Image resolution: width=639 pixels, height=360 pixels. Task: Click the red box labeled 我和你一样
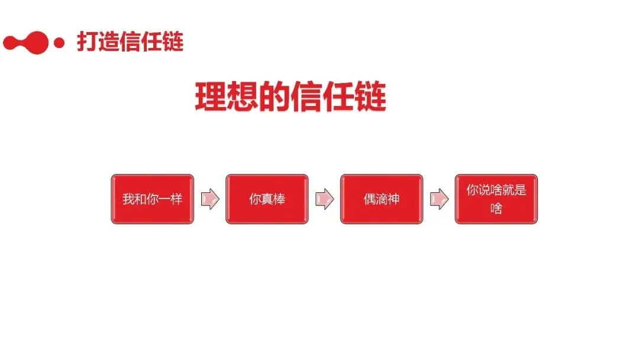click(x=152, y=199)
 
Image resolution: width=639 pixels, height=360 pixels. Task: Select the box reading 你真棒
click(x=267, y=199)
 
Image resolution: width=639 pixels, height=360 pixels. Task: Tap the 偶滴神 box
click(x=382, y=199)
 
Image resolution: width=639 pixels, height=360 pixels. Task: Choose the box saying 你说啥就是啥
click(x=496, y=199)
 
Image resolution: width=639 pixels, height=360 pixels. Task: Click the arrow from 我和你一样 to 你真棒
click(x=209, y=200)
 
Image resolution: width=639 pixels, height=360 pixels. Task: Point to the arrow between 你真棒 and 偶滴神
click(x=324, y=200)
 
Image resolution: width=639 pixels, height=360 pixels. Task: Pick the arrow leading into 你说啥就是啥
click(x=439, y=200)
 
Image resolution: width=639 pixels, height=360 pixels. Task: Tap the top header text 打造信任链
click(x=130, y=41)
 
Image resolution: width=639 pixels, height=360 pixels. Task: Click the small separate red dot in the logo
click(x=59, y=43)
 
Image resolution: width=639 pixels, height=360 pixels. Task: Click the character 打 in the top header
click(x=87, y=41)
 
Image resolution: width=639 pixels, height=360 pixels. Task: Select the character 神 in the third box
click(x=393, y=199)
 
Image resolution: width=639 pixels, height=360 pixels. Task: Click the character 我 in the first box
click(x=128, y=199)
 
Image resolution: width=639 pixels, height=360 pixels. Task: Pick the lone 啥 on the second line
click(x=496, y=208)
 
